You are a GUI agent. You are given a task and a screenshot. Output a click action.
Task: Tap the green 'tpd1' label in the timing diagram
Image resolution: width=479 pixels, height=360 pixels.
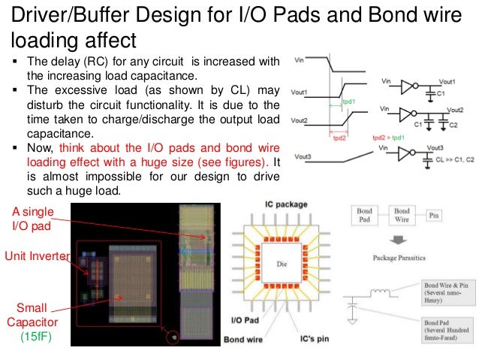coord(349,101)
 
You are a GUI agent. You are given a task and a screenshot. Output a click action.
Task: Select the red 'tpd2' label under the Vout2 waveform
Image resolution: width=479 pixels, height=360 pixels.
coord(340,138)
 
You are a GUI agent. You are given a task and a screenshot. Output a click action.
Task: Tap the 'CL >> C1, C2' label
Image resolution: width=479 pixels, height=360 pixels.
coord(453,160)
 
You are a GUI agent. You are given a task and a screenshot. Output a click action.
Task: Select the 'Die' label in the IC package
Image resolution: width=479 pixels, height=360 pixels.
coord(282,265)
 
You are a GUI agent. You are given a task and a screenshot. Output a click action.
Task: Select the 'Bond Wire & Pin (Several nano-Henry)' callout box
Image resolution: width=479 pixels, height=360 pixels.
coord(447,291)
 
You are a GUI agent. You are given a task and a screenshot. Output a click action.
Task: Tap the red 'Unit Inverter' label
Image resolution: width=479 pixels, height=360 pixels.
coord(36,256)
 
